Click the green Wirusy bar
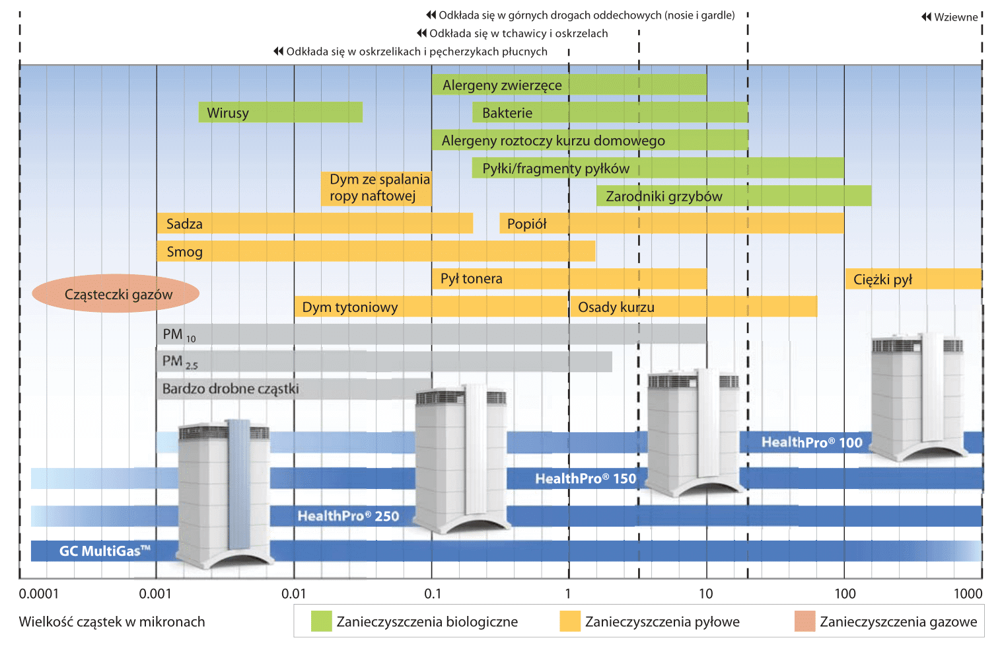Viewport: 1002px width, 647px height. coord(281,112)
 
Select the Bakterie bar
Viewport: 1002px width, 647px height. coord(610,112)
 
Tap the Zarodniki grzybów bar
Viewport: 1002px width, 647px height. coord(734,196)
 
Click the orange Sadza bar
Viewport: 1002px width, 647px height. coord(315,223)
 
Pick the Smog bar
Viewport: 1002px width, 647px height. coord(376,251)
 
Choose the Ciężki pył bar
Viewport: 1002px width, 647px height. coord(913,279)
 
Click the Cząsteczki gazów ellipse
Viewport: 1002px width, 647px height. coord(116,293)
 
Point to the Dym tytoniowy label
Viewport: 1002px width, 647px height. coord(350,307)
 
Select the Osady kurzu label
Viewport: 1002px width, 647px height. coord(616,307)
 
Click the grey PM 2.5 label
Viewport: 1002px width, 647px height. coord(180,362)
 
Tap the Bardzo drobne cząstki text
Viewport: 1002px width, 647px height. coord(231,389)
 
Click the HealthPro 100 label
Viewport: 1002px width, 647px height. coord(812,443)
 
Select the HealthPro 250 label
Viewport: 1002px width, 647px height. coord(348,516)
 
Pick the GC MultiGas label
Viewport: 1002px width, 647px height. coord(104,551)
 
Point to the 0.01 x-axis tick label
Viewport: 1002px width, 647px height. coord(293,593)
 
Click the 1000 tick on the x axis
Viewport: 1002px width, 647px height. coord(968,593)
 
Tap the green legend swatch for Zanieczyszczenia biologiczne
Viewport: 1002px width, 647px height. coord(321,621)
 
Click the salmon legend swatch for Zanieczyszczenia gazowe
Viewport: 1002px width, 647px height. coord(805,621)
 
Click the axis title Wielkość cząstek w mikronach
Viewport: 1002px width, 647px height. coord(112,622)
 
